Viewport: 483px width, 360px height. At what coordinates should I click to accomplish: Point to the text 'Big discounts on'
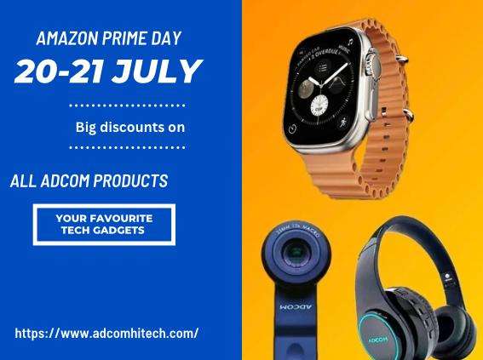point(129,127)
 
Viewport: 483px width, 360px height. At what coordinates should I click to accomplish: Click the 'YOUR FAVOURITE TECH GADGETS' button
point(103,225)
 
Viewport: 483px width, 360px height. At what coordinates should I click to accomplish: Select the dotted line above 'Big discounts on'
point(125,106)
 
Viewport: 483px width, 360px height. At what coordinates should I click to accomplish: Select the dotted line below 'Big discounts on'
point(125,146)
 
